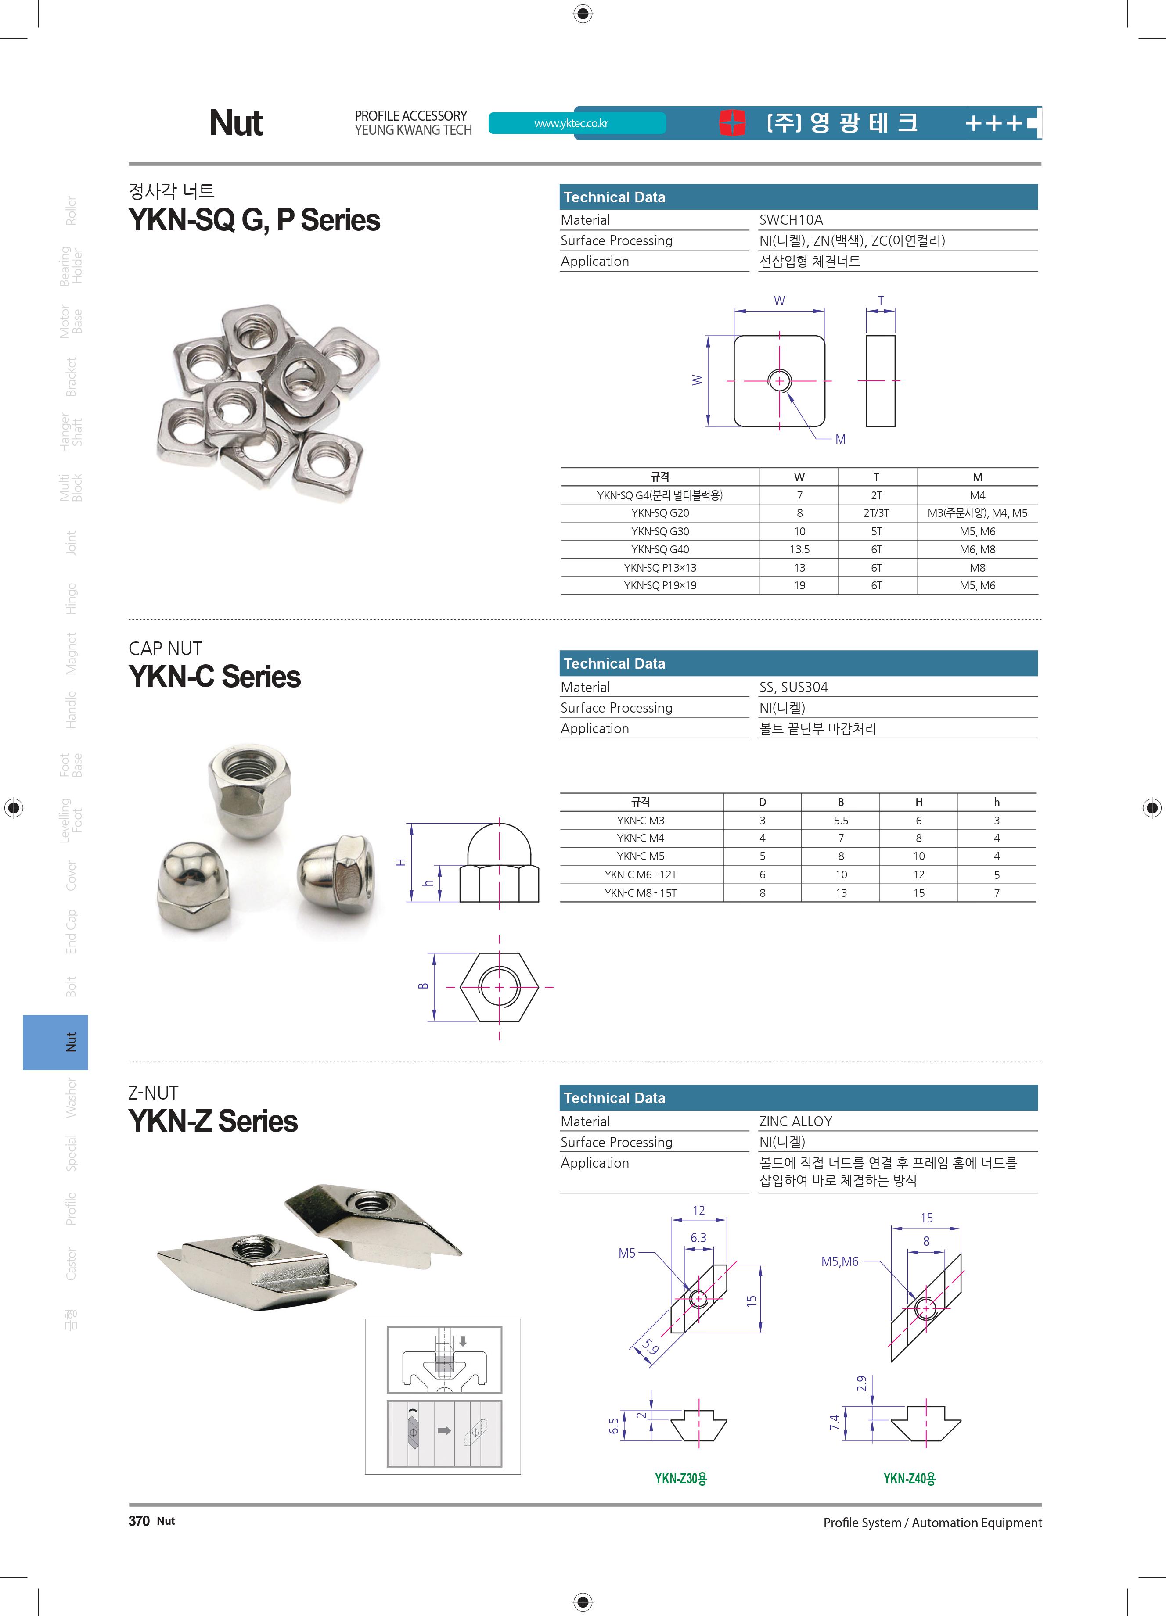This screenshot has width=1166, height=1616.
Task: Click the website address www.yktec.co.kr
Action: coord(571,123)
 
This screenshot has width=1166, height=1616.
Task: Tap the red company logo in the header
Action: coord(732,122)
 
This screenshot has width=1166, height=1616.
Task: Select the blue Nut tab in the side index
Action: coord(56,1042)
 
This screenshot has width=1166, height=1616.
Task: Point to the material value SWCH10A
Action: coord(790,219)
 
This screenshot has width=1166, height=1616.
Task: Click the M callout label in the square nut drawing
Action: coord(840,439)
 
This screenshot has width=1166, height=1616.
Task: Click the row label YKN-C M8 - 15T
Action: coord(640,893)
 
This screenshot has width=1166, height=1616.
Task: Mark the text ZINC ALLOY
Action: coord(795,1121)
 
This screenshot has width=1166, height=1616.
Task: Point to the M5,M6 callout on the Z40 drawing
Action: coord(839,1261)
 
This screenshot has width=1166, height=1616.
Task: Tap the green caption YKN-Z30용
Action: coord(680,1479)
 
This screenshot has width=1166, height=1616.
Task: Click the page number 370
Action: coord(139,1520)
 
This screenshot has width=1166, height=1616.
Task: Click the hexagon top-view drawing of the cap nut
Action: coord(499,987)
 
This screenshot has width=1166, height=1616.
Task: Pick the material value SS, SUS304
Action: coord(793,687)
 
